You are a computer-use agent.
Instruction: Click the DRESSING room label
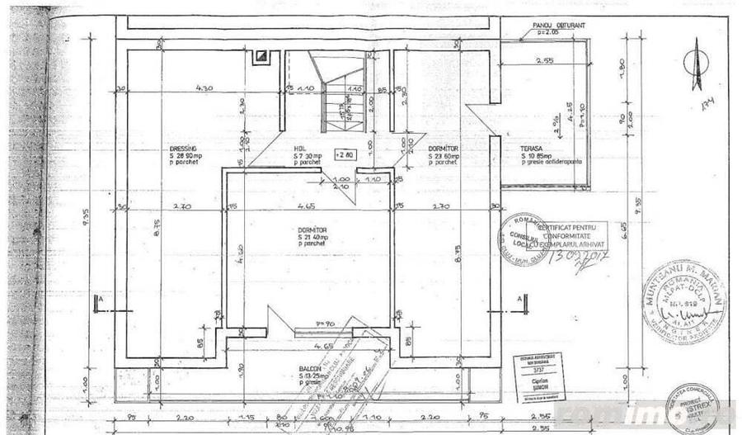pyautogui.click(x=182, y=149)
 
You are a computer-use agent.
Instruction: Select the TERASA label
pyautogui.click(x=530, y=149)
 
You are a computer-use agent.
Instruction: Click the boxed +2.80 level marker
pyautogui.click(x=345, y=154)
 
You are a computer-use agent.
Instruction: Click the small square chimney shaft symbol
pyautogui.click(x=262, y=56)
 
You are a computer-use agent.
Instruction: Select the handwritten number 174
pyautogui.click(x=705, y=106)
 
